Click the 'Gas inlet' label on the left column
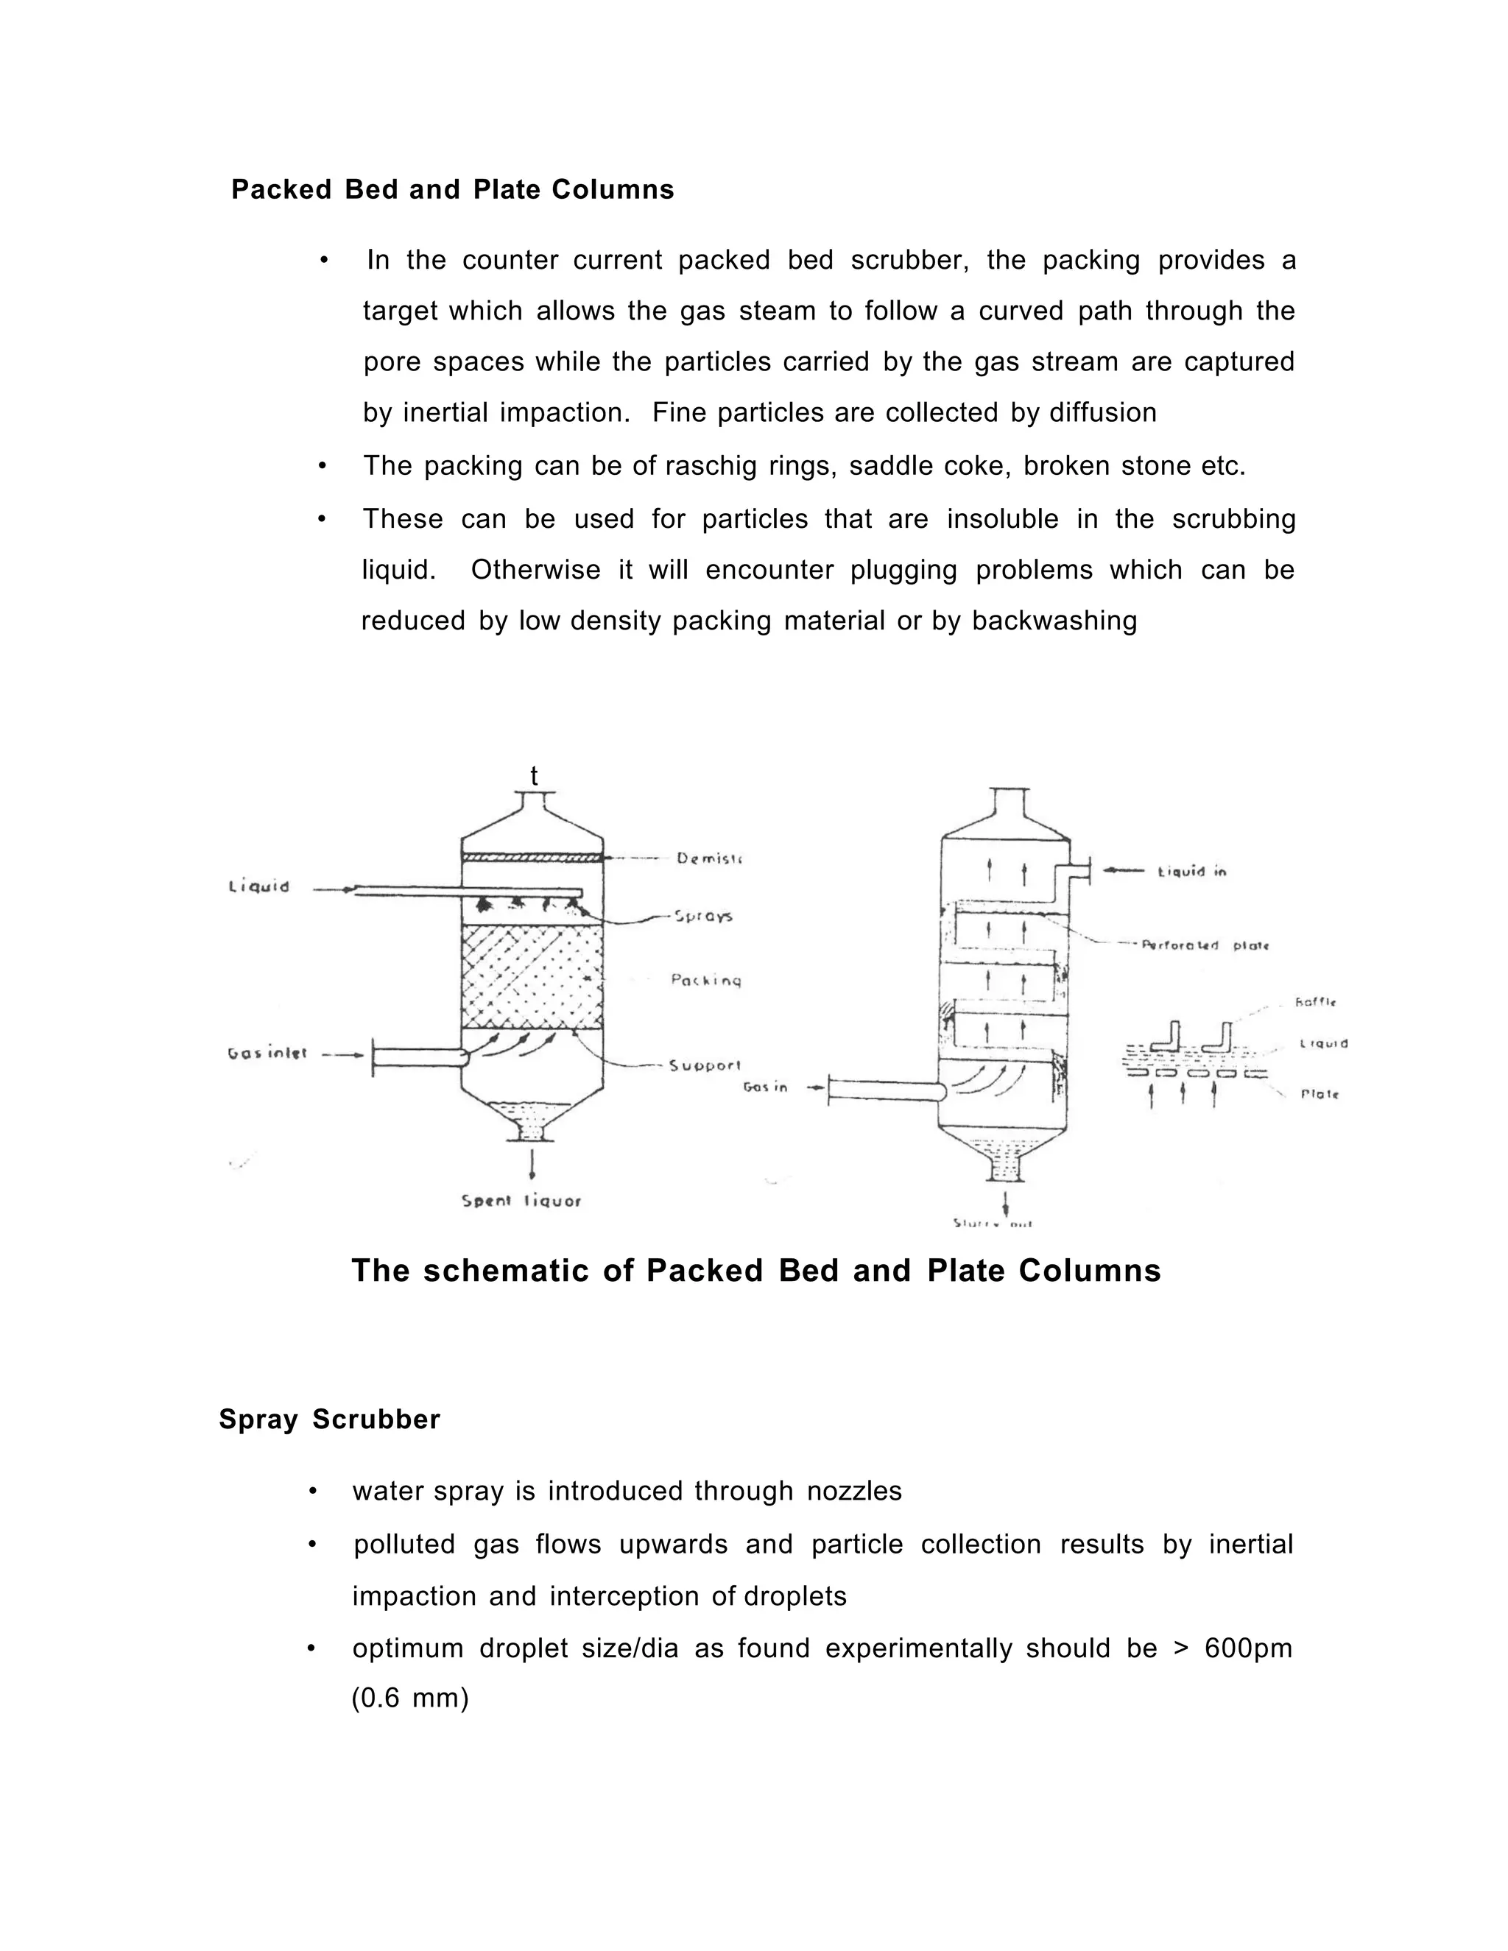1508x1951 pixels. coord(267,1054)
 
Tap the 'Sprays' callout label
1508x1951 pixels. coord(703,916)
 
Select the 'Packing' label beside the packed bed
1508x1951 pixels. coord(705,980)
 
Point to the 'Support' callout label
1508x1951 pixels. coord(705,1065)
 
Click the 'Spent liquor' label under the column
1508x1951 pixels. coord(522,1201)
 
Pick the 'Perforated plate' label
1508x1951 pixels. coord(1205,945)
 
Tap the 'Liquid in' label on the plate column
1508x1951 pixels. coord(1192,871)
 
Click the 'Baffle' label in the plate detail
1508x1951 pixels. coord(1315,1002)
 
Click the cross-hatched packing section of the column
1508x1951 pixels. coord(532,976)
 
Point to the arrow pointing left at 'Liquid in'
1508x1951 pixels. coord(1124,870)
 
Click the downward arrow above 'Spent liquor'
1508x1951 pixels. coord(532,1165)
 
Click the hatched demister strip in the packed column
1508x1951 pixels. coord(532,858)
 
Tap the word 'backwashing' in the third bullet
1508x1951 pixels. coord(1054,621)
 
